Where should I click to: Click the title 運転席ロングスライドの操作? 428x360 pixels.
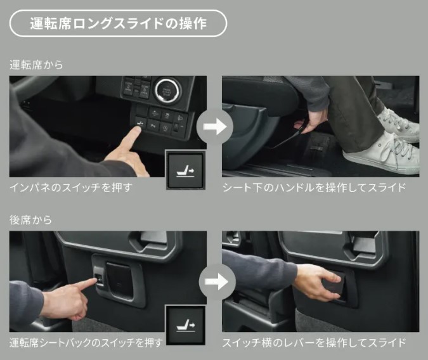[118, 23]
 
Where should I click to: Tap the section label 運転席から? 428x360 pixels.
[36, 65]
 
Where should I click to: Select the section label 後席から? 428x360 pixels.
[30, 220]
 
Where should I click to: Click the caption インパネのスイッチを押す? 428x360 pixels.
[71, 188]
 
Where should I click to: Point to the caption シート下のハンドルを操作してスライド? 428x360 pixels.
[314, 188]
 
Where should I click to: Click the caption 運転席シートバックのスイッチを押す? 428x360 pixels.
[86, 342]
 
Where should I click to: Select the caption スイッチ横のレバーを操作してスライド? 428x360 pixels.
[314, 342]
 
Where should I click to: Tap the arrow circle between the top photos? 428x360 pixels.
[214, 127]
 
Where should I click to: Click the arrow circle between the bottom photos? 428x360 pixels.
[217, 281]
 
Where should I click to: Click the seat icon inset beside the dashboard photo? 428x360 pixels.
[186, 170]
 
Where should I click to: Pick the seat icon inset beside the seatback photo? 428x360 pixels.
[186, 325]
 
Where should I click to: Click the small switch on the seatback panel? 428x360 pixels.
[99, 278]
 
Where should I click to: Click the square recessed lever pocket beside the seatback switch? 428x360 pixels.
[119, 278]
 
